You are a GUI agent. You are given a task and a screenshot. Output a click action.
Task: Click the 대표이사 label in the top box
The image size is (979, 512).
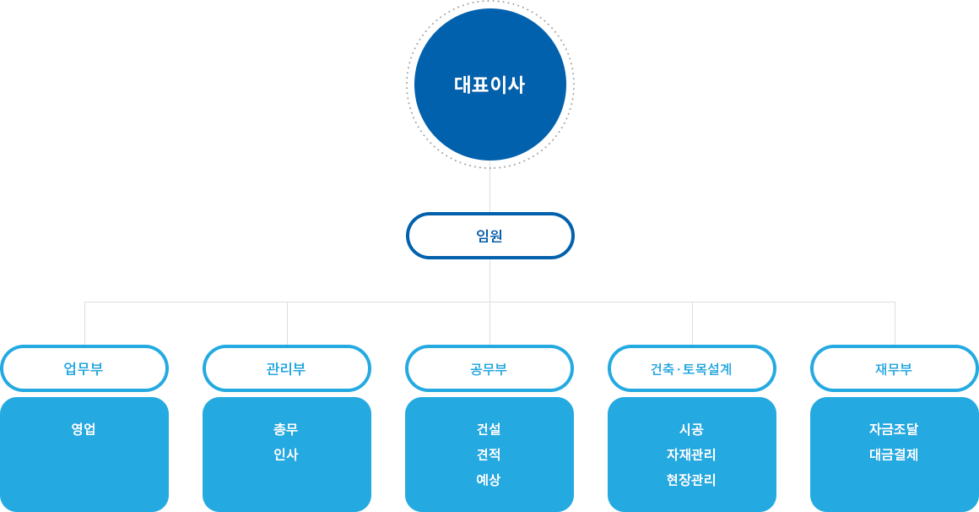coord(489,85)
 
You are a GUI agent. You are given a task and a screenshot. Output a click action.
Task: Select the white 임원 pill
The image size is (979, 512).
coord(489,236)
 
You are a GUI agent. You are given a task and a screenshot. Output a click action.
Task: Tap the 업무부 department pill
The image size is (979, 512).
coord(84,369)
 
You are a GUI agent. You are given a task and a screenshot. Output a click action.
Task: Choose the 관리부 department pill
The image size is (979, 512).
coord(286,369)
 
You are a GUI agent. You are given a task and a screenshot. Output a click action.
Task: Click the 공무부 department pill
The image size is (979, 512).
coord(489,369)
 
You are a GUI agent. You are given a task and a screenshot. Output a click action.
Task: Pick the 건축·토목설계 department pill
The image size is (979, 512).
coord(691,369)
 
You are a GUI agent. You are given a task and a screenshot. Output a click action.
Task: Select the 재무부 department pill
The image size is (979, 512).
coord(894,369)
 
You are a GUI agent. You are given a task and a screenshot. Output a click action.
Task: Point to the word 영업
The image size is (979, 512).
coord(84,429)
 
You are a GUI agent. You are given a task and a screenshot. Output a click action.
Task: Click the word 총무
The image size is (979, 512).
coord(286,429)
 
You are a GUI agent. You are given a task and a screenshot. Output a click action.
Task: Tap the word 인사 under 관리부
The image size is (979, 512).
coord(286,455)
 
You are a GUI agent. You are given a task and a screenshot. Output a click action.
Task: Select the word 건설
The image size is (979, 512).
coord(489,429)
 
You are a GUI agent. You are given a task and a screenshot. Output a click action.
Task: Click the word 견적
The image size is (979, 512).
coord(489,455)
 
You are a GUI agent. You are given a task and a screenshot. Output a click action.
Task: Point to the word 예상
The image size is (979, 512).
coord(489,480)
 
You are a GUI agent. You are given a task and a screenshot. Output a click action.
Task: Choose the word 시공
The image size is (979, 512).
coord(691,429)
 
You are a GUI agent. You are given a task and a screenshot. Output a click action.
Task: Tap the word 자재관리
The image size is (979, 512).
coord(691,455)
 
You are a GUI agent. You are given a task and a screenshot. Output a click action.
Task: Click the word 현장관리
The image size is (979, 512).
coord(691,480)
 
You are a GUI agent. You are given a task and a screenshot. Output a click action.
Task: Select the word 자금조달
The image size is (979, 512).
coord(894,429)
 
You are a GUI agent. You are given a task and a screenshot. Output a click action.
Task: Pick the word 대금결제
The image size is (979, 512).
coord(894,455)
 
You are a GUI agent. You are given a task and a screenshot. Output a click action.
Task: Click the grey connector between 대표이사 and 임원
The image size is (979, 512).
coord(489,189)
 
